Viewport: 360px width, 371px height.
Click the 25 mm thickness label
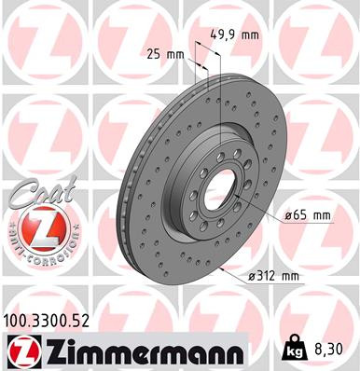point(165,55)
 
